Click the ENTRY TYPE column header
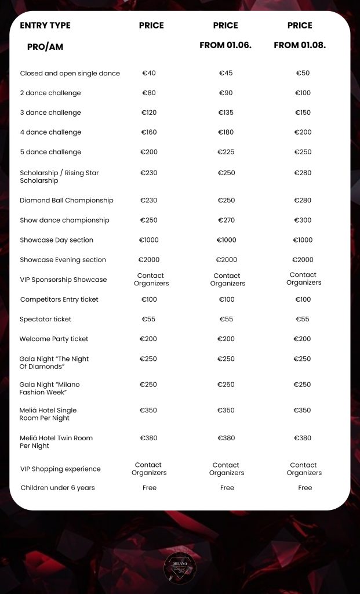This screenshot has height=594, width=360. (45, 26)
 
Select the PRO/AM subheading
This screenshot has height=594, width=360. (45, 47)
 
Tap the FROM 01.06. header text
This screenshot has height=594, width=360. (226, 45)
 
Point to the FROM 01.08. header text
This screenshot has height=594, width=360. (300, 45)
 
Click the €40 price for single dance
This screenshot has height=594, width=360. (149, 73)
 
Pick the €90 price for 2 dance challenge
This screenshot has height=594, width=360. (226, 93)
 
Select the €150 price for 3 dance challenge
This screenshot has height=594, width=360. (303, 113)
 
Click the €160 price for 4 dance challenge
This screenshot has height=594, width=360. (149, 132)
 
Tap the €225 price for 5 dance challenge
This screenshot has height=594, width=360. (226, 152)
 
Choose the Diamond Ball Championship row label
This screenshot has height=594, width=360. (67, 201)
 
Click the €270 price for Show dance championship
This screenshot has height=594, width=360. (226, 220)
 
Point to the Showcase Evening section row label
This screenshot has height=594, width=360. (63, 260)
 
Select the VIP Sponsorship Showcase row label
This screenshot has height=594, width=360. (63, 280)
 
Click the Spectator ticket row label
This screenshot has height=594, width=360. (46, 319)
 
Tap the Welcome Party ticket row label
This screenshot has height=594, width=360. (54, 339)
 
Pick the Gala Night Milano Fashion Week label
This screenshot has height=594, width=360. (50, 388)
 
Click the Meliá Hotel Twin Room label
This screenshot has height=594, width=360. (56, 441)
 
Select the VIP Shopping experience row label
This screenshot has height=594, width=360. (60, 469)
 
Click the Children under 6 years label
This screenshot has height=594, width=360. (57, 488)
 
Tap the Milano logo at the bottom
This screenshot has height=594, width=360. (180, 568)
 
